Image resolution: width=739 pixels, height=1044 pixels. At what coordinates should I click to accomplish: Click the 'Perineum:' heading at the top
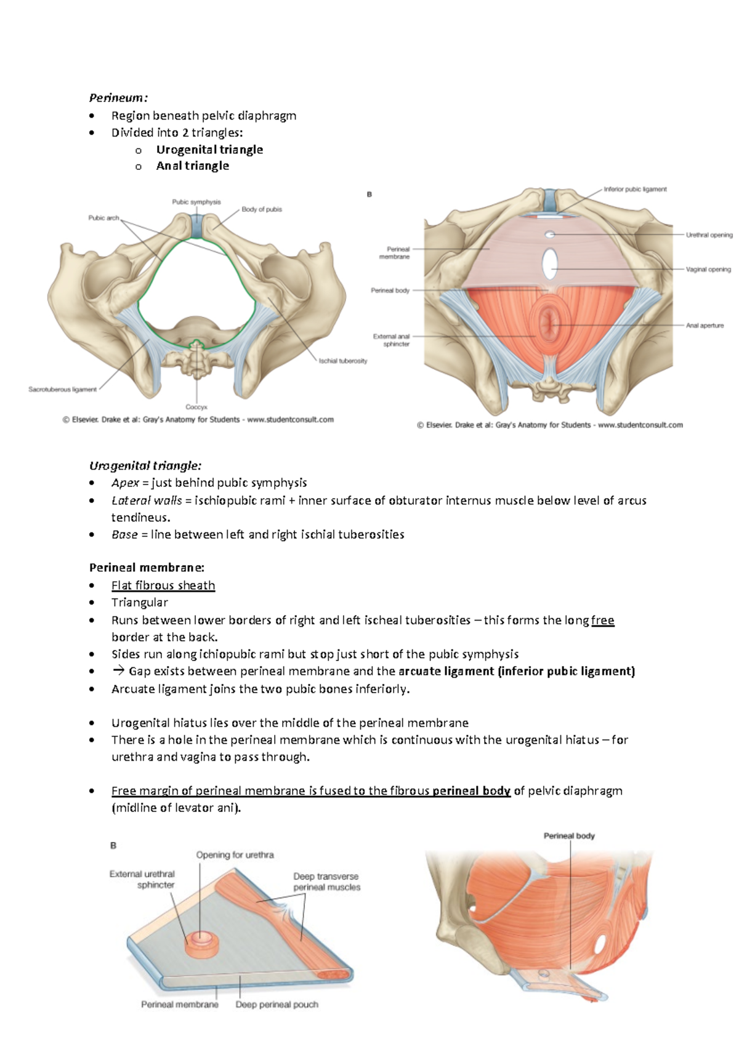pos(118,98)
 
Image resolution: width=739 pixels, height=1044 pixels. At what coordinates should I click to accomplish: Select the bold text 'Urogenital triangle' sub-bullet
pos(209,150)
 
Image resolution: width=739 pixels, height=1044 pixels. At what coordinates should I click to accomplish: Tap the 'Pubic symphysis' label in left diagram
pos(196,202)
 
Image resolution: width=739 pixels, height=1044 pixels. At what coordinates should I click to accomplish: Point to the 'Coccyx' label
pos(196,407)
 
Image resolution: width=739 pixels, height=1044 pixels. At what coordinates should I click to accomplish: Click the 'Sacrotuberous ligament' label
pos(62,389)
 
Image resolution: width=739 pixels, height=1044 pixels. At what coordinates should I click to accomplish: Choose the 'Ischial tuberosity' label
pos(342,361)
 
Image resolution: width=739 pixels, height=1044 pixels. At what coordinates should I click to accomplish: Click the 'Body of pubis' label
pos(262,209)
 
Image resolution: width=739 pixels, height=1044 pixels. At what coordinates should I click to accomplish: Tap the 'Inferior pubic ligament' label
pos(635,190)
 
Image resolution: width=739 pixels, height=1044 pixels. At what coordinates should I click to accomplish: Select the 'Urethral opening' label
pos(709,235)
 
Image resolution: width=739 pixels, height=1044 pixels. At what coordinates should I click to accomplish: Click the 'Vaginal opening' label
pos(708,270)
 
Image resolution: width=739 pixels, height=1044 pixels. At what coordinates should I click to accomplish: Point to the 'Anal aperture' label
pos(705,326)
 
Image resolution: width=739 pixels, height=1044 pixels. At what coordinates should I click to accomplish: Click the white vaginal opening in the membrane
pos(549,263)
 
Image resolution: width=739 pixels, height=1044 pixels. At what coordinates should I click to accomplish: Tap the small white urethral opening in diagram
pos(551,235)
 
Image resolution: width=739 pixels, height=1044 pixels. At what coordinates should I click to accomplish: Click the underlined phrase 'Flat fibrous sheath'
pos(163,585)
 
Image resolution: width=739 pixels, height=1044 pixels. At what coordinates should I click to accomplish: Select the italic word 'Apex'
pos(125,483)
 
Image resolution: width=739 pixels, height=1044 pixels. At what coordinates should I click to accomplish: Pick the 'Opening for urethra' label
pos(235,855)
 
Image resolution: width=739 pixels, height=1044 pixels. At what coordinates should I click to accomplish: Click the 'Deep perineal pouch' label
pos(277,1005)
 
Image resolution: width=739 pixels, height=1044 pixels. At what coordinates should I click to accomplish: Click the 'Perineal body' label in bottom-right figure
pos(569,836)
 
